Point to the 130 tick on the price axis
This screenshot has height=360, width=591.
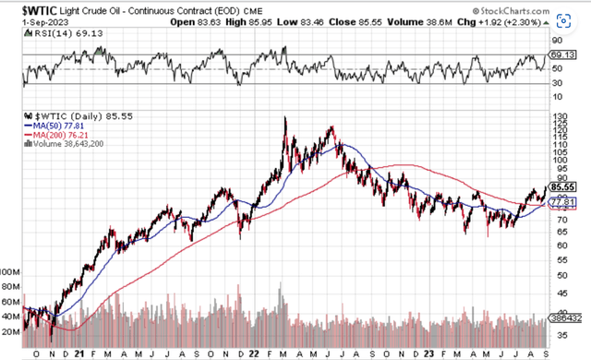tap(557, 118)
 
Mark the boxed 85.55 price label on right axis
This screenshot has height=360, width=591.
tap(560, 185)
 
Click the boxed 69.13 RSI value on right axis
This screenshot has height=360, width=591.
tap(560, 56)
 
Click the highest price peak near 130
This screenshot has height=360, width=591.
tap(285, 117)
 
